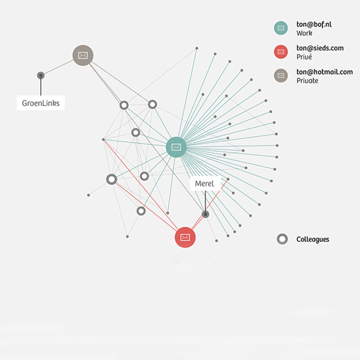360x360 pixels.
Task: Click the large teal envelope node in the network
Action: (176, 147)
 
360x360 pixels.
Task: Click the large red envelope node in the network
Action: (185, 237)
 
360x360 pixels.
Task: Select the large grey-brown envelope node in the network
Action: (83, 55)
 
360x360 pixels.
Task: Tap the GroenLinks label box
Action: (41, 103)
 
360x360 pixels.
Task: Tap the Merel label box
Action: (204, 184)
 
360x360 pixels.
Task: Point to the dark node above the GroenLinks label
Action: (41, 75)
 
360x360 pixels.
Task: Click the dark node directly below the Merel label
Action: (206, 214)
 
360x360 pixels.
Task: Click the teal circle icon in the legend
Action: (281, 28)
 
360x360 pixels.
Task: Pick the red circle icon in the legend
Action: (281, 52)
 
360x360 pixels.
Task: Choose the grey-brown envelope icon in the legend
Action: (281, 75)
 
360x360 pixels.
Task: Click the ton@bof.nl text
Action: (314, 25)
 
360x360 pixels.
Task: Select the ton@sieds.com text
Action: (320, 48)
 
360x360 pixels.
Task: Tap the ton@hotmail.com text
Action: (324, 71)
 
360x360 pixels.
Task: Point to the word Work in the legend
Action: (304, 33)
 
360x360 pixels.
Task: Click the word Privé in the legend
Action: (304, 56)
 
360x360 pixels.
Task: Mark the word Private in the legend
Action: (307, 80)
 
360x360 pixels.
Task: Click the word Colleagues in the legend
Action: (313, 239)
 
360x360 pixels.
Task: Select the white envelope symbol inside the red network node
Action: (185, 237)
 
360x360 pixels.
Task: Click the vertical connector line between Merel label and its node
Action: (205, 200)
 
